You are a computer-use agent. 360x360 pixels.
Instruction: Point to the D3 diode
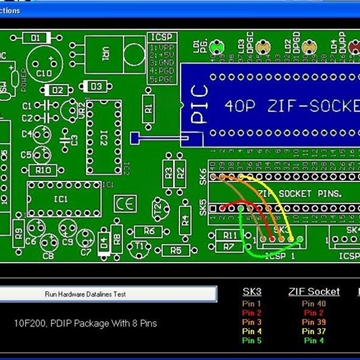(98, 87)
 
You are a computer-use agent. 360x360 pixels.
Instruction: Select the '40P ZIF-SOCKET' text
(291, 105)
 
